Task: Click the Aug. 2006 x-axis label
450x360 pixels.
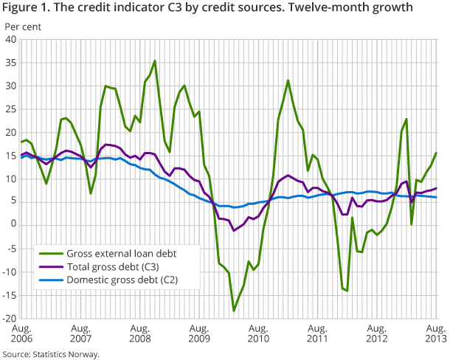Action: [x=22, y=333]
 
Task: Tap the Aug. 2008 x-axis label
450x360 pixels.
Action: [x=141, y=333]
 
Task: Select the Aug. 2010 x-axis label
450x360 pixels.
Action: [x=259, y=333]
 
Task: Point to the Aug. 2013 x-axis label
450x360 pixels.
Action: [x=436, y=333]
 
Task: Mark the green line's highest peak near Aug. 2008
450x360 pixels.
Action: [x=155, y=60]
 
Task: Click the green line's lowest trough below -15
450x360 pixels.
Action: [x=234, y=311]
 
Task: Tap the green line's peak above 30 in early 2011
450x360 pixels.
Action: [x=288, y=80]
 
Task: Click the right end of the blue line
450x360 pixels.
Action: [x=436, y=197]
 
